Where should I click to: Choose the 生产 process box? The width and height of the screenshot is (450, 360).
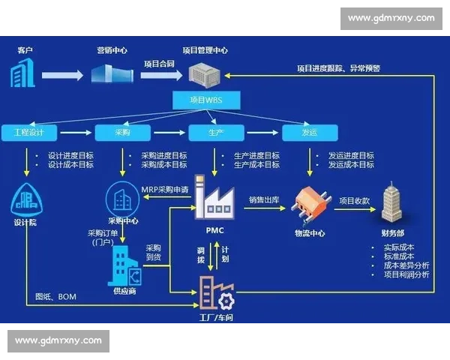click(215, 133)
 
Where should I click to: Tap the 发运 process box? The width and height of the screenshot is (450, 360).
click(309, 133)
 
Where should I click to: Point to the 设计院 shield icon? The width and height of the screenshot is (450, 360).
click(28, 199)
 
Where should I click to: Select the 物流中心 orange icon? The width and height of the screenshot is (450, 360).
click(310, 204)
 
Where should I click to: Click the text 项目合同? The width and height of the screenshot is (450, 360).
click(159, 64)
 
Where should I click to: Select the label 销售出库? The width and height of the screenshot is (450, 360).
click(264, 200)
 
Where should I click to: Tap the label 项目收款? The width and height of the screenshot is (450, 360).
click(354, 200)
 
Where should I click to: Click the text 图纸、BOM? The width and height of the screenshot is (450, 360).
click(56, 297)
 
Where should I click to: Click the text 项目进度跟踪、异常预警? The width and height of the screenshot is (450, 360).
click(338, 68)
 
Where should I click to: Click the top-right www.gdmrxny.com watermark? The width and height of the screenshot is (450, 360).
click(391, 18)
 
